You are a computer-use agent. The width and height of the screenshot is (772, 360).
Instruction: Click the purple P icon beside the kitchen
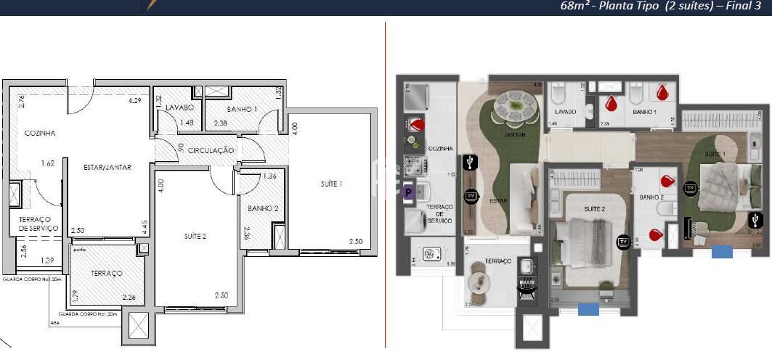[408, 192]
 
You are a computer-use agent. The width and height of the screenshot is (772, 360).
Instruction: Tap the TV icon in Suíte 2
[623, 242]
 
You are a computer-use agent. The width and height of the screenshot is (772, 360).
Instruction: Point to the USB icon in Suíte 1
[756, 219]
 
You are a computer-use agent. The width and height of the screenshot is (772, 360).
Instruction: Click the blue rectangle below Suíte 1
[722, 252]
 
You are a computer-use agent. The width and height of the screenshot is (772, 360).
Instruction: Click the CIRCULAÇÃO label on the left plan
[211, 150]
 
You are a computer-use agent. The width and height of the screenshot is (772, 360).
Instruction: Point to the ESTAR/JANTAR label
[107, 167]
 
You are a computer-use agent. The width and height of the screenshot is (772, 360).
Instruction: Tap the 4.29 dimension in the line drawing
[134, 101]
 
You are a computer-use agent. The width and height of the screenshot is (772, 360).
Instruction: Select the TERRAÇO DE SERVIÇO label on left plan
[33, 224]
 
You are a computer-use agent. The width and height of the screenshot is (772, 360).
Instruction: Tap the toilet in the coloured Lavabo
[559, 96]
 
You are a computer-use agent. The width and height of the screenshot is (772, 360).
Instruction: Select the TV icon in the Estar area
[471, 196]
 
